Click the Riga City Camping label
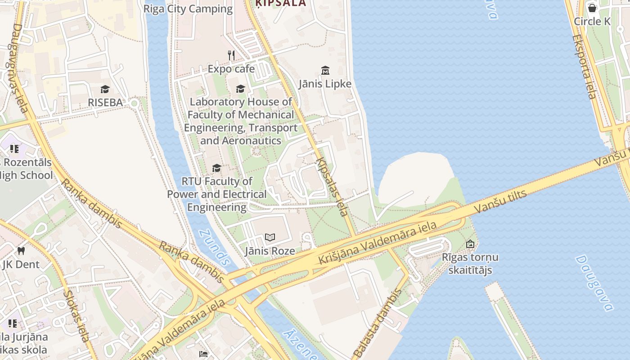(x=188, y=9)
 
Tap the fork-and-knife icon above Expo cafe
(x=231, y=55)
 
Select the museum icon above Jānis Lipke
(x=325, y=70)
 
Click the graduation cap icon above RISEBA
(x=105, y=89)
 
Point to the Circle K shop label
(x=592, y=21)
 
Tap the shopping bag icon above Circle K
(x=592, y=8)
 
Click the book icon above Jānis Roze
(x=270, y=237)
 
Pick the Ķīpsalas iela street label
(x=333, y=187)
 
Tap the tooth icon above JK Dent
(x=21, y=251)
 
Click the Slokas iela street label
(x=77, y=315)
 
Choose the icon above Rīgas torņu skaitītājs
(x=470, y=244)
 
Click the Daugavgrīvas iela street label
(x=17, y=67)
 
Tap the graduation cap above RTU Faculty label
(x=216, y=168)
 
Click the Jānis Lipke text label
(x=325, y=84)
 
